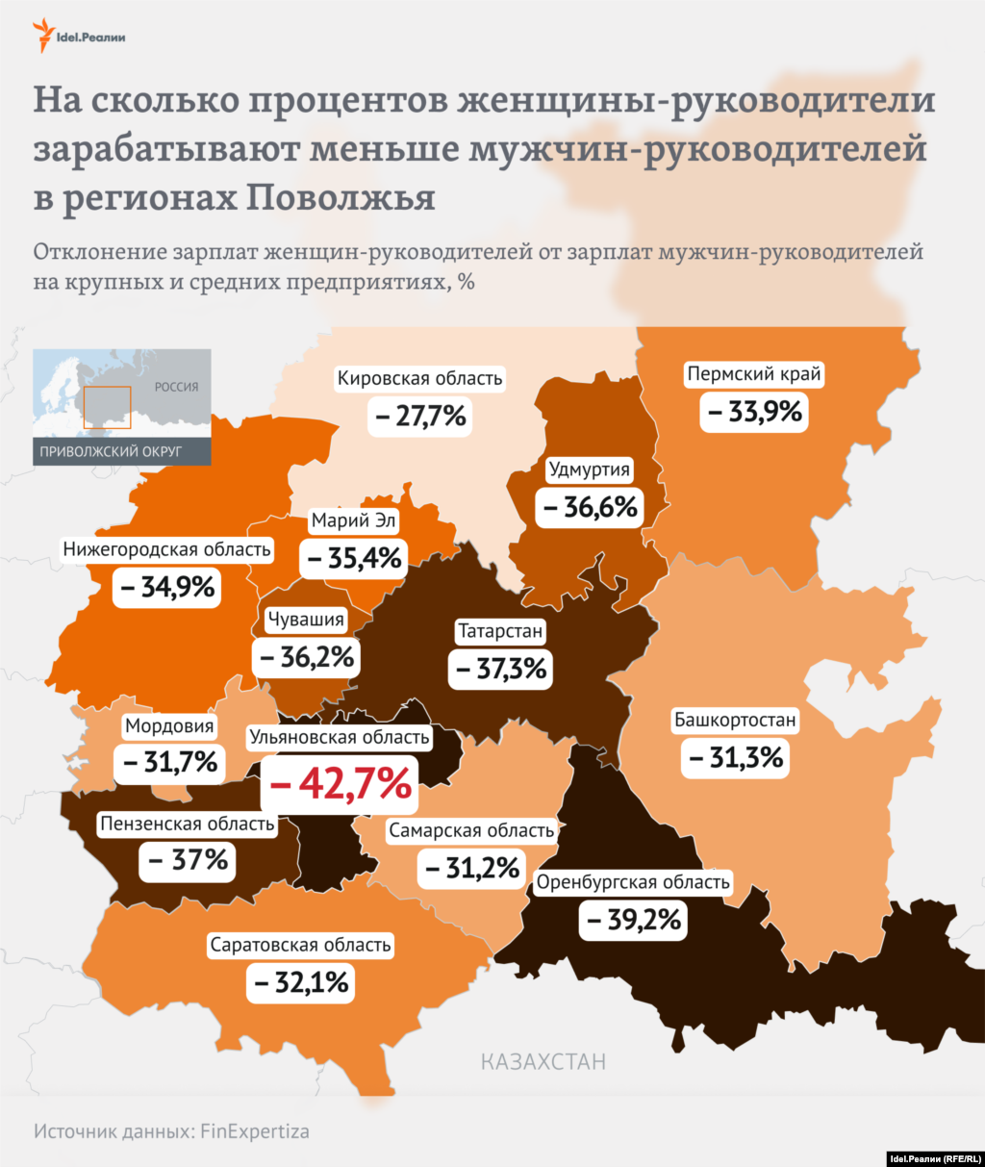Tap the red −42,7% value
tap(341, 784)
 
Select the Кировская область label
tap(419, 379)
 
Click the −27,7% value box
tap(420, 417)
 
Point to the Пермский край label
tap(754, 374)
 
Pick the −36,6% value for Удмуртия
tap(590, 507)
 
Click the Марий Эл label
tap(354, 520)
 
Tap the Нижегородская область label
tap(167, 549)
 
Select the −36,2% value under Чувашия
tap(307, 657)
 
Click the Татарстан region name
tap(500, 632)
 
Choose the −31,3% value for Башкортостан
tap(736, 758)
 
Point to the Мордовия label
tap(169, 726)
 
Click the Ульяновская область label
tap(340, 738)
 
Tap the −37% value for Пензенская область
tap(189, 860)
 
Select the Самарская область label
tap(471, 830)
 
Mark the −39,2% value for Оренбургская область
tap(633, 921)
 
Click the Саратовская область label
tap(300, 946)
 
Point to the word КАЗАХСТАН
tap(543, 1062)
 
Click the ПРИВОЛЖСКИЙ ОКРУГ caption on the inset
tap(111, 451)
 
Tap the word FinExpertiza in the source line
tap(255, 1130)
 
